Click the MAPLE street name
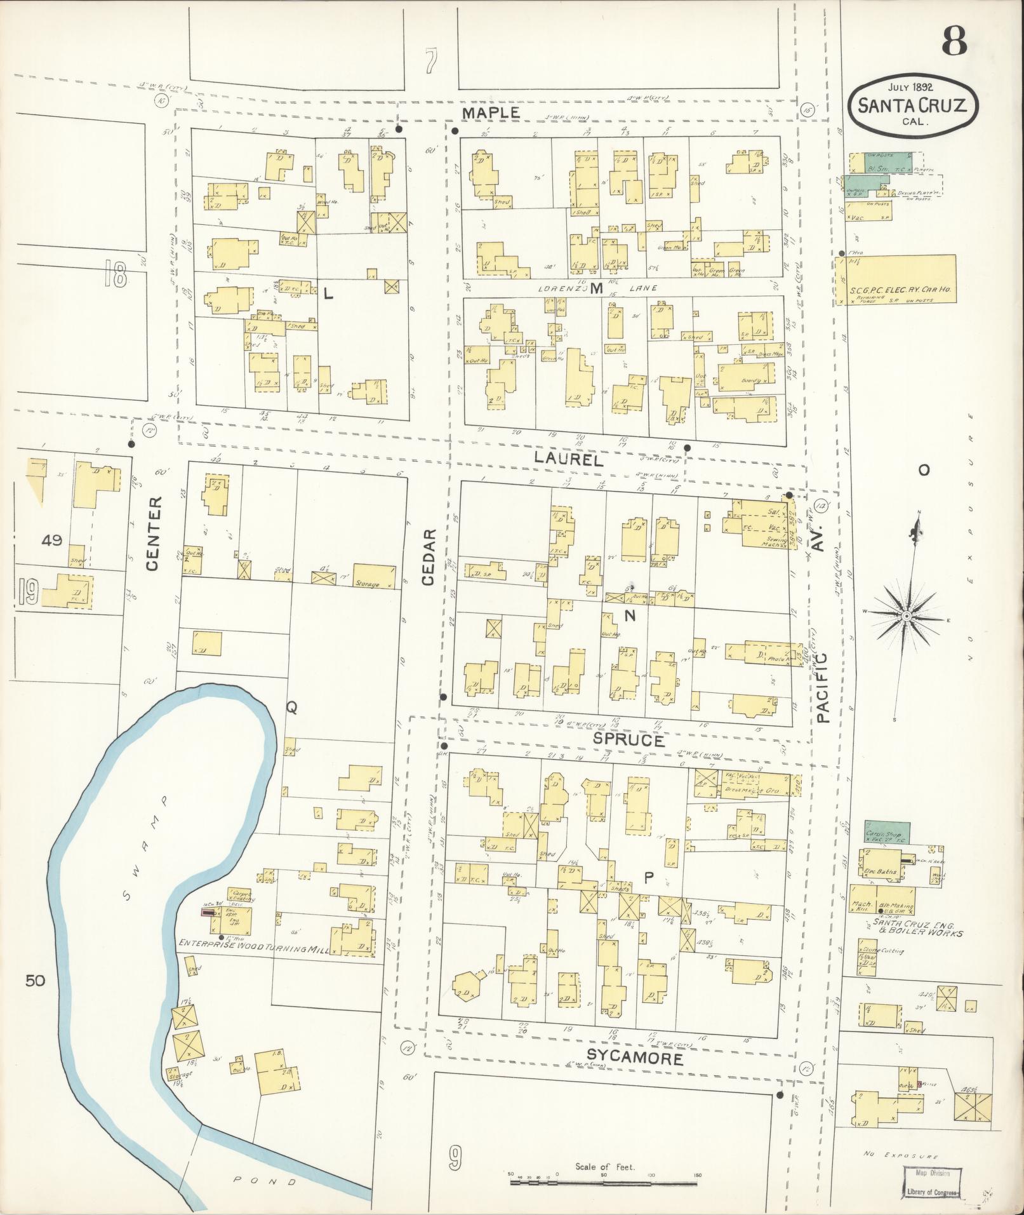pos(491,113)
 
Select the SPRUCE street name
pos(629,740)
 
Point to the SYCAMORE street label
pos(634,1057)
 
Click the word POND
pos(265,1181)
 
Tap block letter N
pos(630,615)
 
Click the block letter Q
pos(291,709)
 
